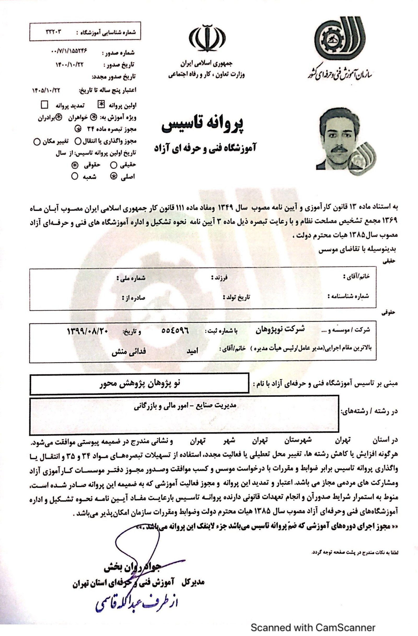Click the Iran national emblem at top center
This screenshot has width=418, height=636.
pyautogui.click(x=207, y=38)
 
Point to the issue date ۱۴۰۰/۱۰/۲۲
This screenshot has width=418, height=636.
pyautogui.click(x=69, y=64)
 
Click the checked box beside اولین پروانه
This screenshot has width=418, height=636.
pyautogui.click(x=101, y=105)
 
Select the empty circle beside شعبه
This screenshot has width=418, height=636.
pyautogui.click(x=75, y=176)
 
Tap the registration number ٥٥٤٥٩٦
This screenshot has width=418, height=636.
pyautogui.click(x=175, y=330)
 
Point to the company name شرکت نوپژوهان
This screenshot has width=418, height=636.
pyautogui.click(x=280, y=330)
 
